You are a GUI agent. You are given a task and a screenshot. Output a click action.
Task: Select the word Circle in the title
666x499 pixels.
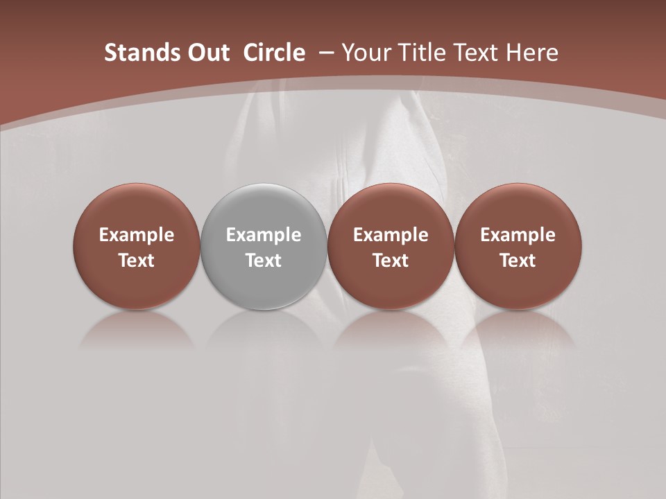pyautogui.click(x=274, y=53)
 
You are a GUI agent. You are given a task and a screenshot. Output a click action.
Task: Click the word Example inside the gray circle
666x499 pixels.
pyautogui.click(x=264, y=235)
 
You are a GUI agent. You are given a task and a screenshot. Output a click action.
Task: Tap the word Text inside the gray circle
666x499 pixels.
pyautogui.click(x=264, y=261)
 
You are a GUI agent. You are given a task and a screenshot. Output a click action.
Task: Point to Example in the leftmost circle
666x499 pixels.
pyautogui.click(x=137, y=235)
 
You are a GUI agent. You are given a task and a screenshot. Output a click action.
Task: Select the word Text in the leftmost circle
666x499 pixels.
pyautogui.click(x=137, y=261)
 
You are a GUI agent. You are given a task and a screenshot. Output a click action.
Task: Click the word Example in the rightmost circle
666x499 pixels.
pyautogui.click(x=518, y=235)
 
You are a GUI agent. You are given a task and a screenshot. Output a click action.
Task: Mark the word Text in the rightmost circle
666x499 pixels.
pyautogui.click(x=518, y=261)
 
